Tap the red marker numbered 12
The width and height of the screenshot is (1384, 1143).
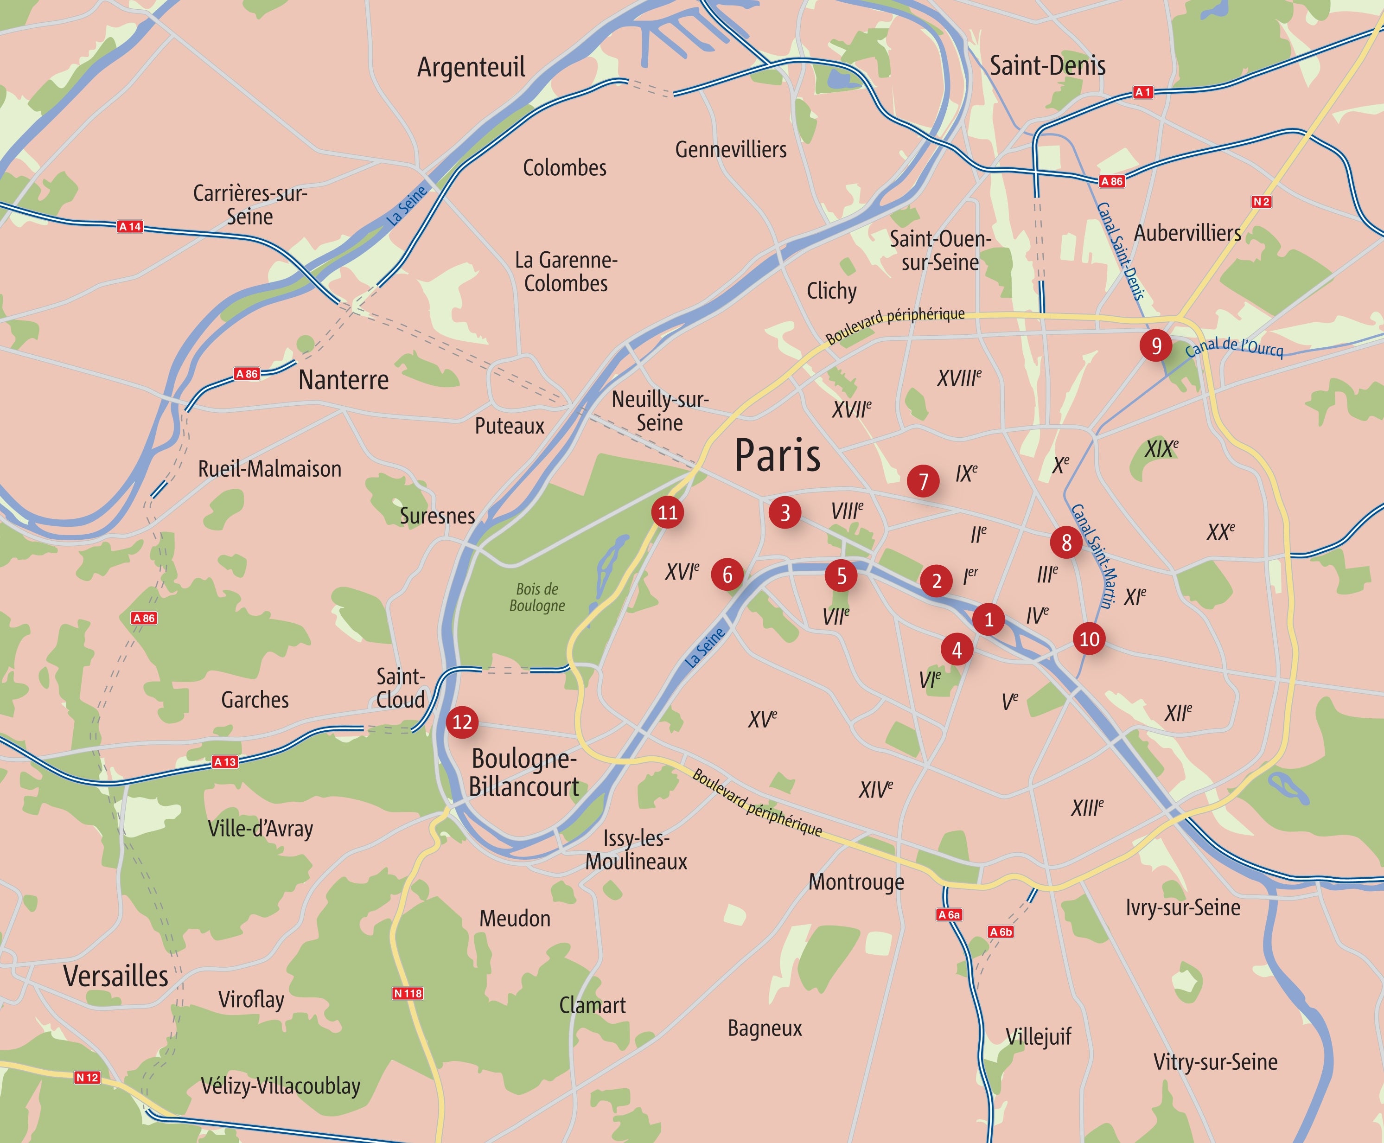pyautogui.click(x=462, y=722)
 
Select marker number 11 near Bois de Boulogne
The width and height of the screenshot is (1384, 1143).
pyautogui.click(x=668, y=512)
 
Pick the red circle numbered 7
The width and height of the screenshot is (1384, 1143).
pyautogui.click(x=923, y=481)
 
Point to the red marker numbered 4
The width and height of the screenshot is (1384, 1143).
pyautogui.click(x=957, y=650)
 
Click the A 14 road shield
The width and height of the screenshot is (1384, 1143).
pyautogui.click(x=130, y=226)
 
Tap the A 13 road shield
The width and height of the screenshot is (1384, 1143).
pyautogui.click(x=224, y=762)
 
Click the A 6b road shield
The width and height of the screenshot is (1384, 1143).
pyautogui.click(x=1001, y=932)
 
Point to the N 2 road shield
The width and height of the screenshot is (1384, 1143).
pyautogui.click(x=1261, y=202)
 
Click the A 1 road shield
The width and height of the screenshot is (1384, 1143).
pyautogui.click(x=1143, y=92)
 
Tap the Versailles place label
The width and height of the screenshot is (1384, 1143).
pyautogui.click(x=116, y=976)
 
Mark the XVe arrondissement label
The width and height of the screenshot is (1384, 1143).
pyautogui.click(x=762, y=718)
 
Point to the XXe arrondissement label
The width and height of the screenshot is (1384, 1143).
pyautogui.click(x=1220, y=532)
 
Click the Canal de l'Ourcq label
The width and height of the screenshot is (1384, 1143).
pyautogui.click(x=1234, y=348)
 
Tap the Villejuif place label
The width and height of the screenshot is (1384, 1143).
pyautogui.click(x=1038, y=1037)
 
